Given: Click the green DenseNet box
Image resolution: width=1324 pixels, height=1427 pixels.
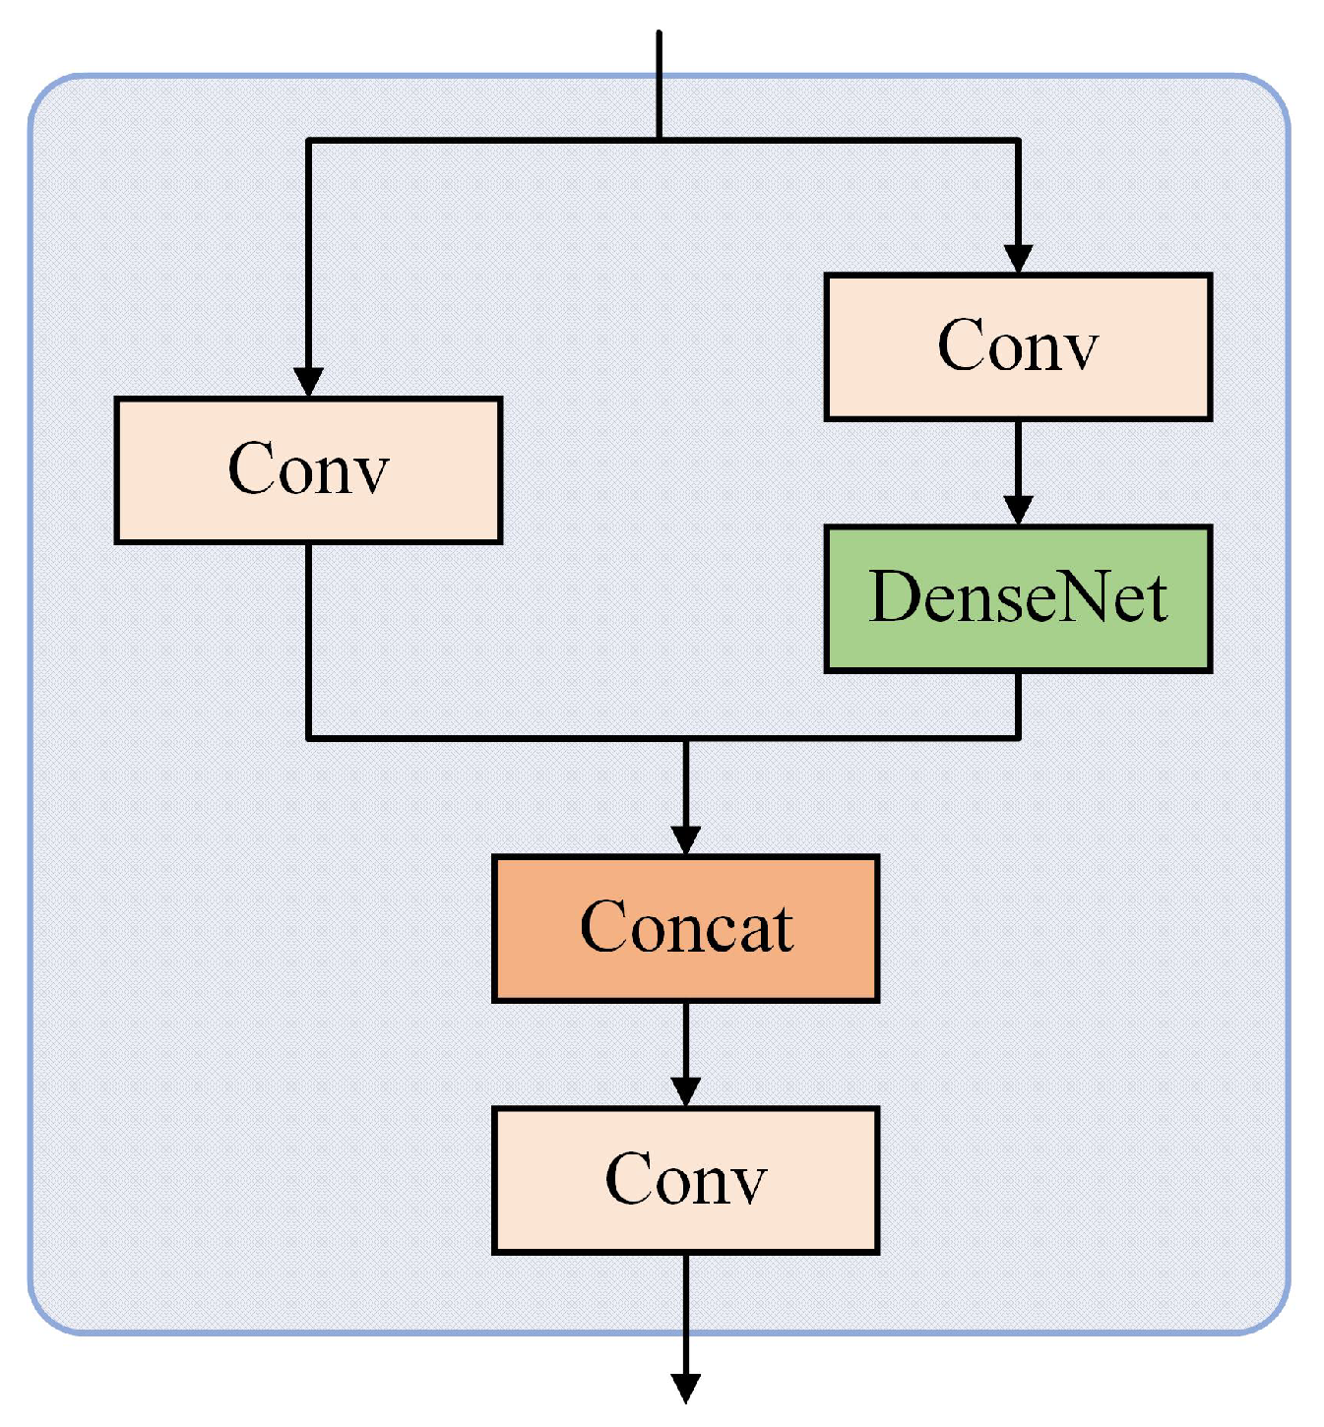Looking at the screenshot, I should pos(1018,598).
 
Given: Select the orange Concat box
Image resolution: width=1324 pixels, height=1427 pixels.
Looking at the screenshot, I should pos(685,928).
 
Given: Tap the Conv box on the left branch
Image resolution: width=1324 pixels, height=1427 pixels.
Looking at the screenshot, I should pos(308,469).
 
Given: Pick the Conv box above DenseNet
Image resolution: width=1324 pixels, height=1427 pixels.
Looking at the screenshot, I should pos(1018,346).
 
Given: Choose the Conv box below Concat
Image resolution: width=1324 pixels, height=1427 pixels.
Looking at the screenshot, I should pos(685,1179).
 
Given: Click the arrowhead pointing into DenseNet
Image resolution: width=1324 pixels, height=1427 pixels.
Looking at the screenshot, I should pos(1018,510).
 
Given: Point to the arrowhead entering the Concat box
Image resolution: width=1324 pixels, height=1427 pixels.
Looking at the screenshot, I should pos(685,839).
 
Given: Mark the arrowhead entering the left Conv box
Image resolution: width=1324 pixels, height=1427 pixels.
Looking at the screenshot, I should pos(308,382).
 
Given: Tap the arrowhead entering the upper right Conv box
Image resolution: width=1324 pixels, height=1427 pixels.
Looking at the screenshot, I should pos(1018,258).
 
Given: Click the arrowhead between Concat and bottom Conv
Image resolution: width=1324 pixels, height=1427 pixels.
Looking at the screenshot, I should pos(685,1090).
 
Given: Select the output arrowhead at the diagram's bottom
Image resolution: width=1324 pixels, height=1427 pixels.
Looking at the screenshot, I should pos(685,1388).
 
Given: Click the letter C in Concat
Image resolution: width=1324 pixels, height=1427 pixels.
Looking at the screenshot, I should pos(603,927).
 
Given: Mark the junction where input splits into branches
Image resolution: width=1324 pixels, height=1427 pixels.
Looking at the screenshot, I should pos(659,141).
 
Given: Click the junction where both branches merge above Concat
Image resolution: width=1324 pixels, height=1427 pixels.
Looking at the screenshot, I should pos(685,737).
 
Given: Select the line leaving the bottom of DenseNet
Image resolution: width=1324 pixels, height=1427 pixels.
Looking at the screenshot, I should pos(1018,704).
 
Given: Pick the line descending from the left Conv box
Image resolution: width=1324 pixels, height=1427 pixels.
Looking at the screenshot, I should pos(308,640).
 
